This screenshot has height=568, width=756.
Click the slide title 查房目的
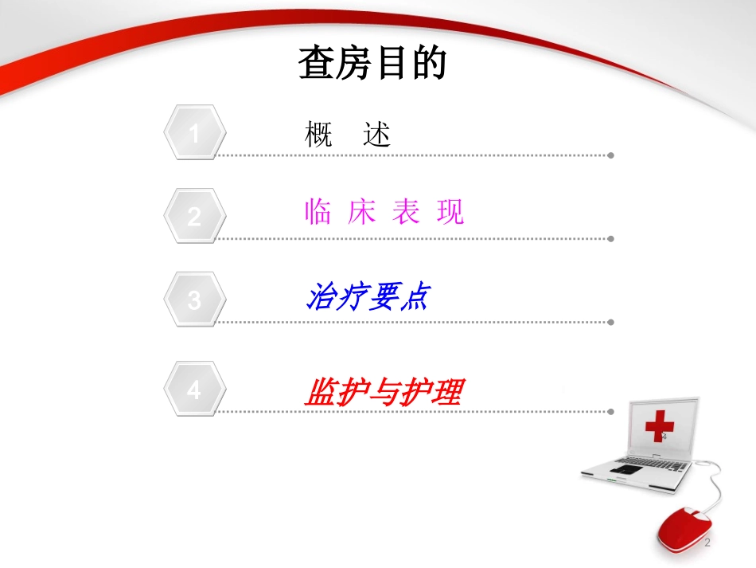[372, 64]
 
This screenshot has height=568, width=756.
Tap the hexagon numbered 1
[195, 134]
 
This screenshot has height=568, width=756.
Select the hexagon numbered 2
[195, 216]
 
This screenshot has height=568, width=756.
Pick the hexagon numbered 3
[195, 300]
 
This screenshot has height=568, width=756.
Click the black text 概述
[348, 134]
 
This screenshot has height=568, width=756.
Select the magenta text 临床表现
[384, 212]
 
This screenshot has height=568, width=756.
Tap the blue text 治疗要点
[368, 297]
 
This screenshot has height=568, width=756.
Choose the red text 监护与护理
[383, 391]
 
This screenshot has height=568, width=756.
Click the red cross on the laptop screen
[659, 426]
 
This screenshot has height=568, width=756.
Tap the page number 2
[707, 543]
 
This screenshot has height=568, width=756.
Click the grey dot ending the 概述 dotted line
[610, 155]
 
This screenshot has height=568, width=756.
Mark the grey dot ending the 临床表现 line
[610, 238]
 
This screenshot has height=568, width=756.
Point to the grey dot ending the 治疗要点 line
[610, 323]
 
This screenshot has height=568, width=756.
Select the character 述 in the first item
[377, 134]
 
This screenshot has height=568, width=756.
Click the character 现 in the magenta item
[450, 212]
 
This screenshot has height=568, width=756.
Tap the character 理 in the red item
[447, 391]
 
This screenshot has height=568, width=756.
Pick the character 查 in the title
[317, 64]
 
